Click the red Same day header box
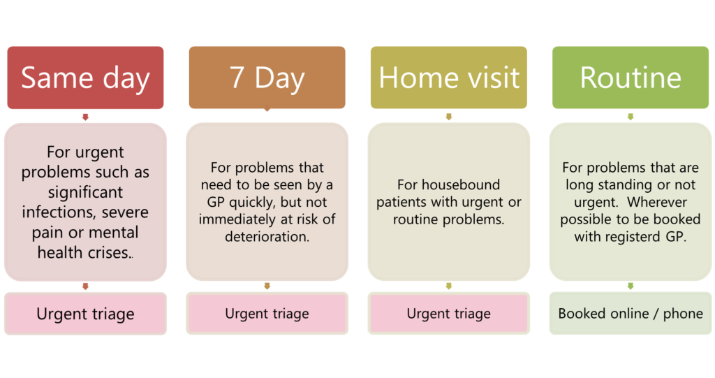[x=85, y=77]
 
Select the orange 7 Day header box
[x=267, y=77]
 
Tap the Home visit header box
[x=449, y=77]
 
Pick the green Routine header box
[x=631, y=77]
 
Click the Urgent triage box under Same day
[x=85, y=314]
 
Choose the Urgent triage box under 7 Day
[x=267, y=314]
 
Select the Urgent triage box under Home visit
[x=449, y=314]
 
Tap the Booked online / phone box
[x=631, y=314]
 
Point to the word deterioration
[x=267, y=236]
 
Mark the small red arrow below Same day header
[x=85, y=117]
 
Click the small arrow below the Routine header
[x=631, y=117]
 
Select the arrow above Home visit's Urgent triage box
[x=449, y=286]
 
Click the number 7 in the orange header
[x=237, y=78]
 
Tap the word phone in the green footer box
[x=683, y=314]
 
